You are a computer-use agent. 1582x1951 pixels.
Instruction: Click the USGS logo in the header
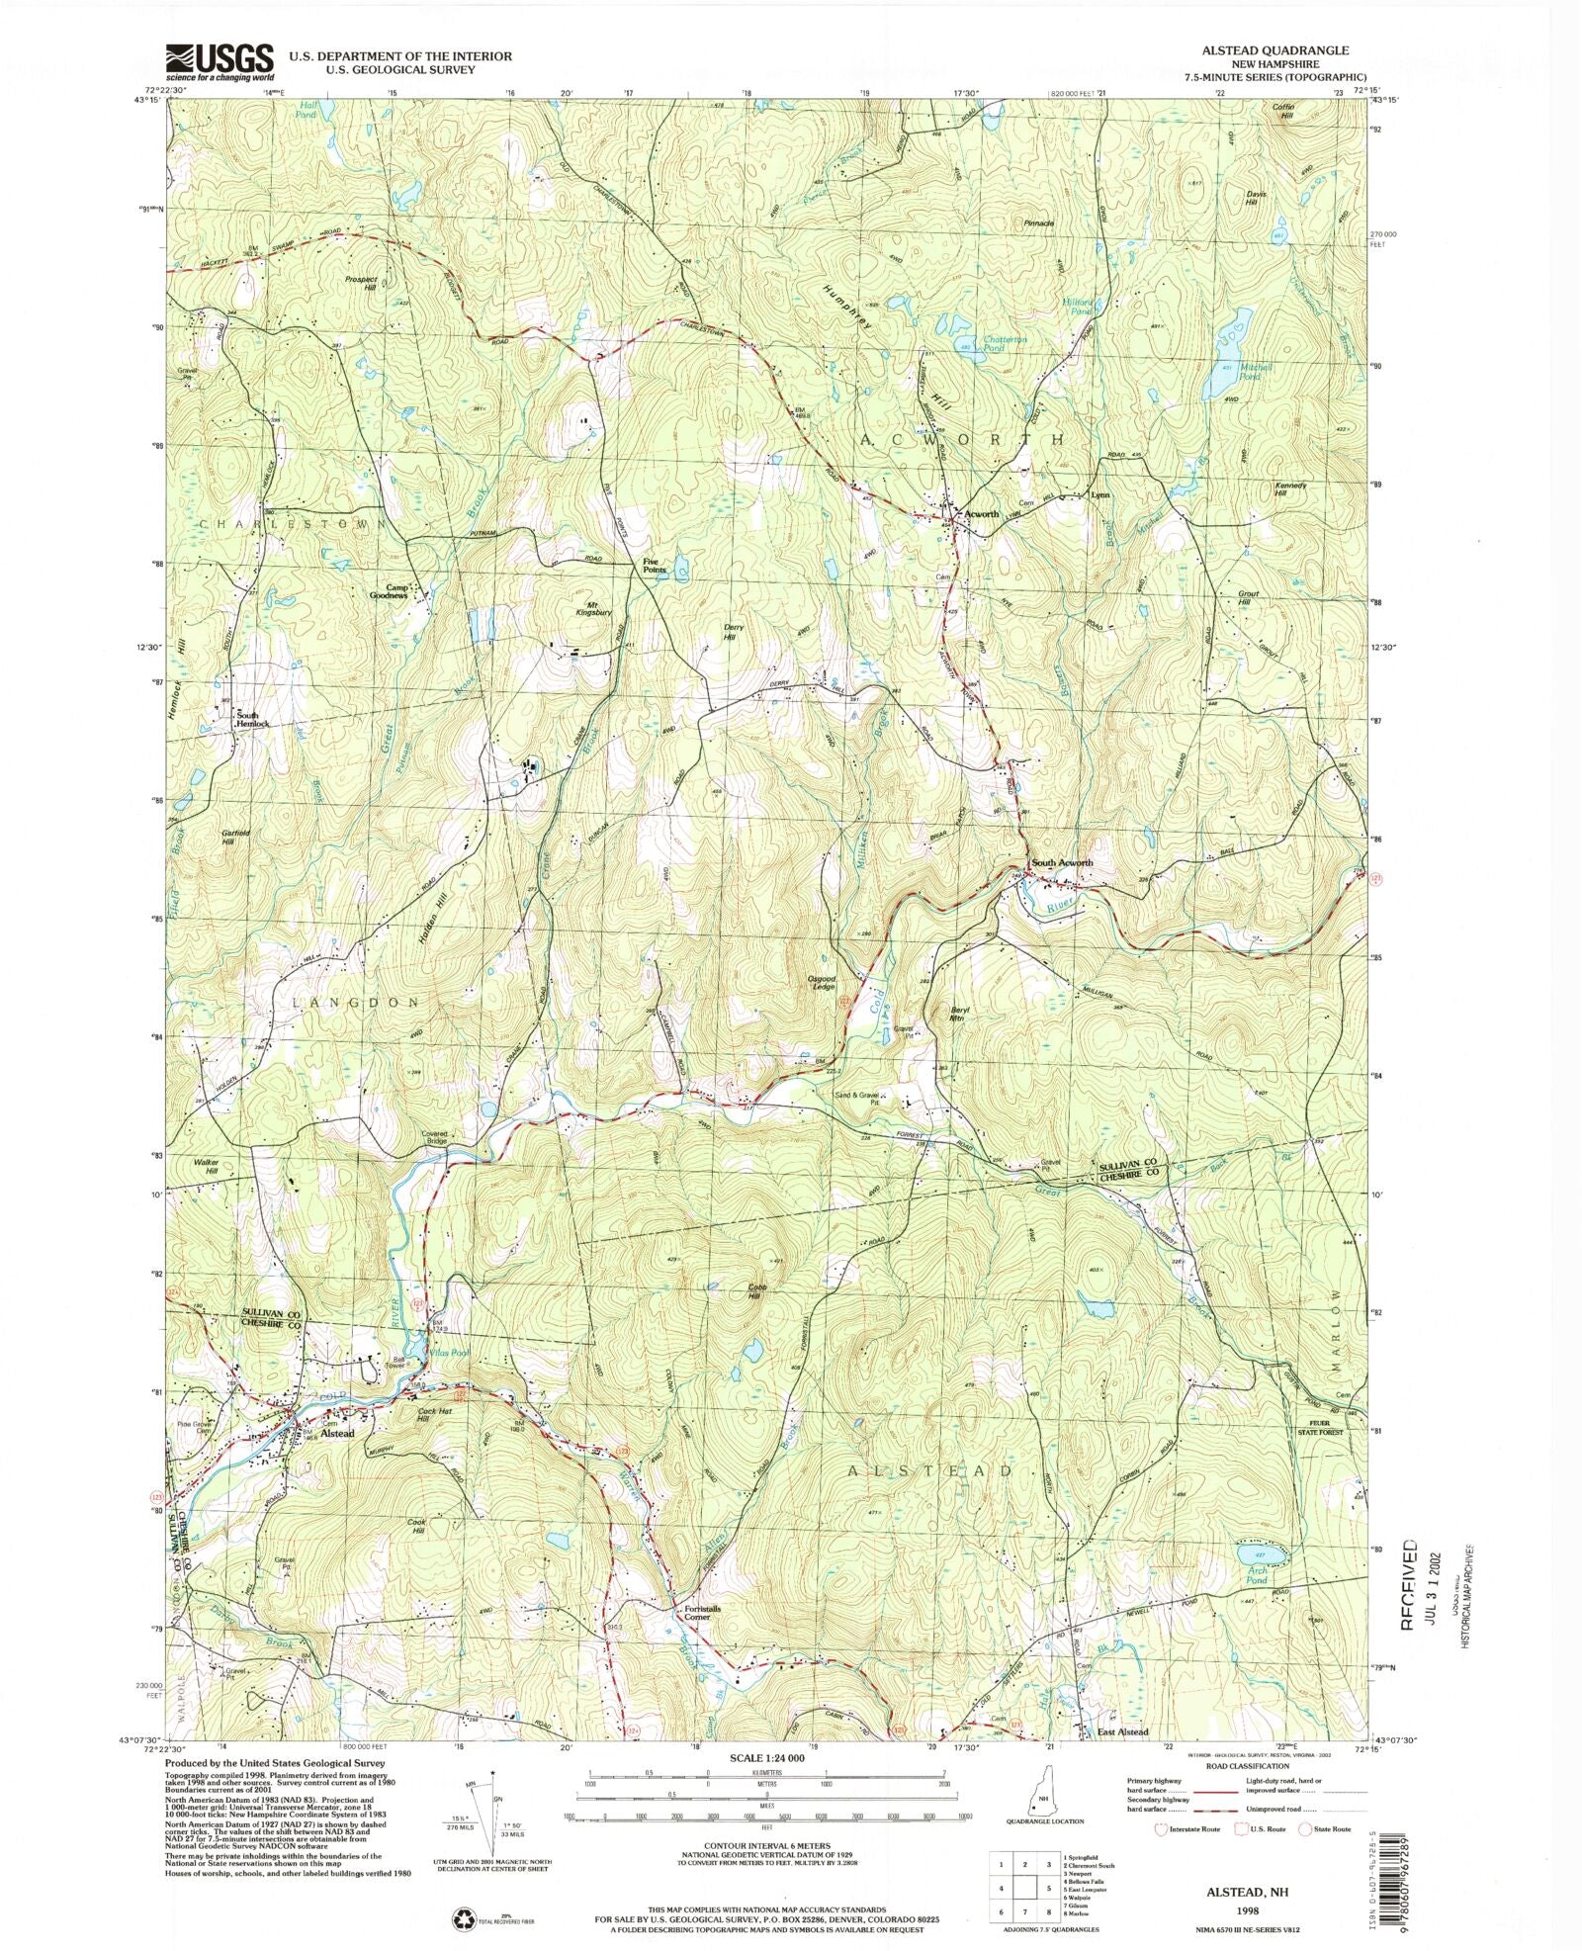tap(220, 62)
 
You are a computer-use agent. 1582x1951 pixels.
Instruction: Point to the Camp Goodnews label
tap(390, 591)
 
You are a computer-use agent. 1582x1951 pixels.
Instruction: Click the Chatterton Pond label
tap(1006, 344)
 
